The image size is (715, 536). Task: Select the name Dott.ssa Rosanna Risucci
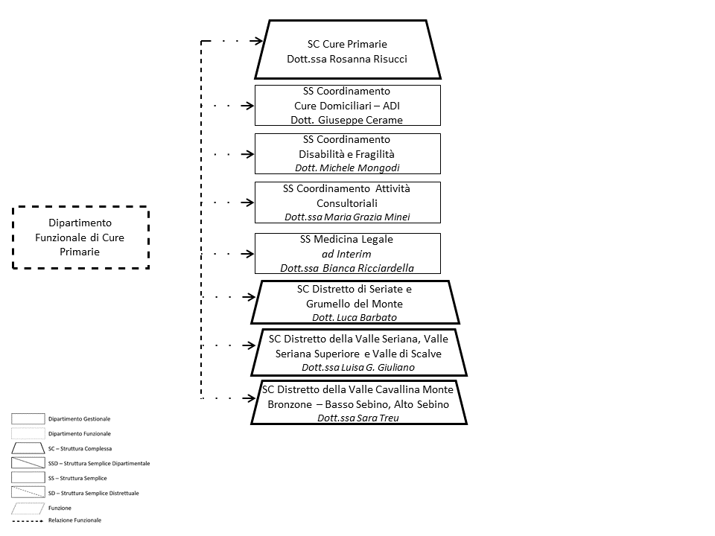pos(347,59)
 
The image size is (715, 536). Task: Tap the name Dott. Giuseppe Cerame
pos(347,120)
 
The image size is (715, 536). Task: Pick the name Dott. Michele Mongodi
pos(347,167)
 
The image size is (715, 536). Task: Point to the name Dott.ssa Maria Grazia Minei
pos(347,217)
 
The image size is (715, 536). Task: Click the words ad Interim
pos(346,254)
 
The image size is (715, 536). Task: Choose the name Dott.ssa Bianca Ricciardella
pos(347,268)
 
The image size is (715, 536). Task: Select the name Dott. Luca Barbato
pos(355,317)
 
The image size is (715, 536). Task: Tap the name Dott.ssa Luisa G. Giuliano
pos(358,367)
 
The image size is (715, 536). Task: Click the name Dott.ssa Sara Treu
pos(358,418)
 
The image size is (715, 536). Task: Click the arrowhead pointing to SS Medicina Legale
pos(248,254)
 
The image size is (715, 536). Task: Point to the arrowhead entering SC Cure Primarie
pos(257,41)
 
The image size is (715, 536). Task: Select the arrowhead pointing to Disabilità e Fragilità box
pos(248,154)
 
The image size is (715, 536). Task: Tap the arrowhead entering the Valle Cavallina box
pos(250,398)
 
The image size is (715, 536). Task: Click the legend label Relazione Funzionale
pos(74,520)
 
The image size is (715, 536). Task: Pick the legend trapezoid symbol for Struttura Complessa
pos(28,448)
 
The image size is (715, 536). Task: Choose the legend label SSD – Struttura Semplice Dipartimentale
pos(99,464)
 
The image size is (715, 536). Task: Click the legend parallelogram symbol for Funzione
pos(28,508)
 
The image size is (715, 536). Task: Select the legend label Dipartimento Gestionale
pos(80,419)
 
